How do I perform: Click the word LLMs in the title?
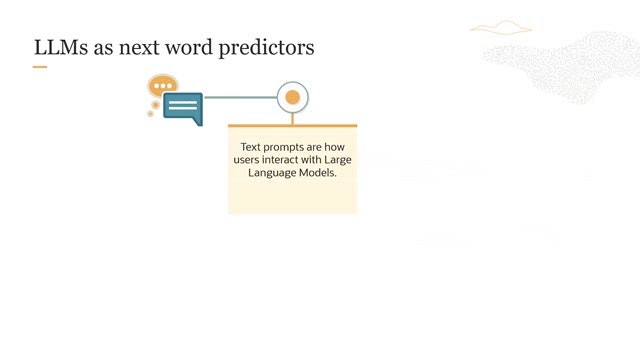pos(61,47)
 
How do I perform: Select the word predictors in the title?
pos(267,48)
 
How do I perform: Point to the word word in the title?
pos(189,47)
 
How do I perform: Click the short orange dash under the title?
pos(40,67)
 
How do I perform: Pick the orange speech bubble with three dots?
pos(163,85)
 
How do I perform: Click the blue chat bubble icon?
pos(183,108)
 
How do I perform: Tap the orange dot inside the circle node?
pos(293,98)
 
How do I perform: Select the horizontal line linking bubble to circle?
pos(240,97)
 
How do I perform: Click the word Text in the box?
pos(250,147)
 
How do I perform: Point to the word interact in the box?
pos(280,160)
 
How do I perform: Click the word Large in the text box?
pos(338,160)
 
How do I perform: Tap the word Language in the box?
pos(272,173)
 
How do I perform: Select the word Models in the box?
pos(318,173)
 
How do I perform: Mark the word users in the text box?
pos(246,160)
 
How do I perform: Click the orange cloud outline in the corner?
pos(501,28)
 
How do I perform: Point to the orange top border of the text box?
pos(293,126)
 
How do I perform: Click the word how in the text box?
pos(334,147)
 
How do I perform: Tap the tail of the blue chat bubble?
pos(198,121)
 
